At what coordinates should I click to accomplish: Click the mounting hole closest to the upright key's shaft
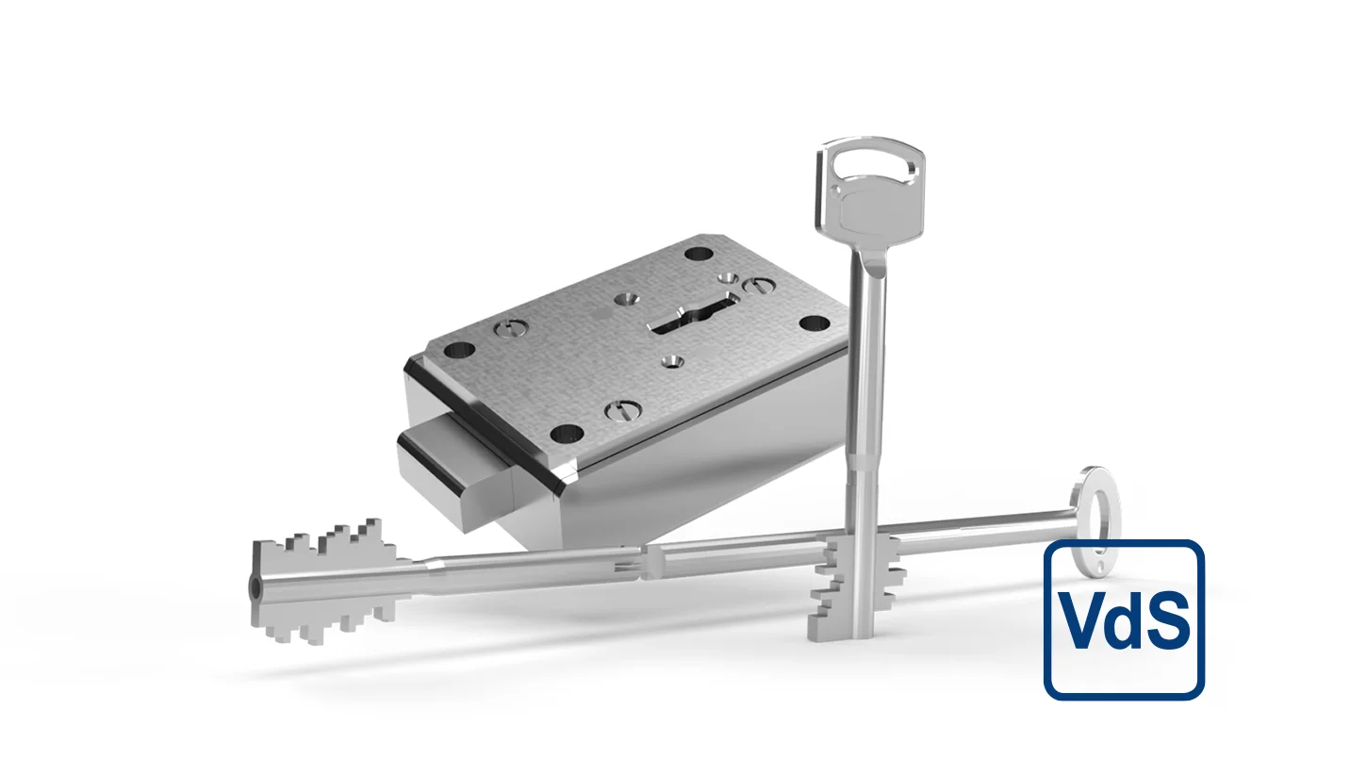click(810, 323)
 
